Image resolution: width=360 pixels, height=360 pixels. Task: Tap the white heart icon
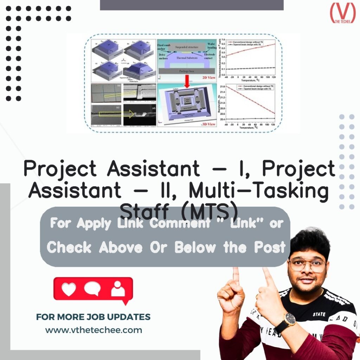(x=69, y=289)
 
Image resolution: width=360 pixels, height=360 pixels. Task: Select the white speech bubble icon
(x=92, y=289)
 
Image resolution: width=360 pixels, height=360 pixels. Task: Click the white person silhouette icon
(x=118, y=289)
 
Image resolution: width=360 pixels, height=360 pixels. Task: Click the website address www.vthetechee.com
(x=94, y=330)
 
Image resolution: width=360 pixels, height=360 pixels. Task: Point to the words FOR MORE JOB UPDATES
(x=93, y=317)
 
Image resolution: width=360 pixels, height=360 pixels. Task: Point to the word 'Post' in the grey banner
(x=270, y=247)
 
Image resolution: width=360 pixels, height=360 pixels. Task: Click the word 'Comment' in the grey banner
(x=180, y=223)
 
